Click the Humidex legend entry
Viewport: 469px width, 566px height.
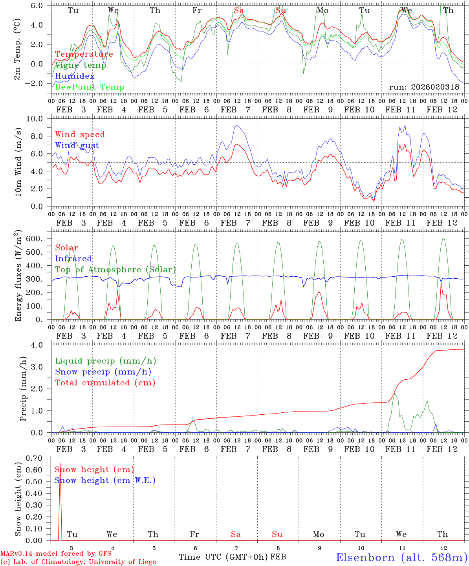click(x=75, y=76)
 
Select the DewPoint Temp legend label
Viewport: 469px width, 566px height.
click(x=90, y=87)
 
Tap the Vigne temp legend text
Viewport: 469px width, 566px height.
click(x=81, y=65)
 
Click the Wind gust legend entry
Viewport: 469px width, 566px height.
click(x=77, y=145)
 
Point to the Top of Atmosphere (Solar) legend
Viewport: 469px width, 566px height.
click(x=115, y=270)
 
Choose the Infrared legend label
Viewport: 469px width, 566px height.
click(x=73, y=259)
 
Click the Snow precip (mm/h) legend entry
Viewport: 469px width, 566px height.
click(x=103, y=372)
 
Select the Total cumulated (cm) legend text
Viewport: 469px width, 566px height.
click(x=105, y=383)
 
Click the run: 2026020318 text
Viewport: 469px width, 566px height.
click(x=424, y=87)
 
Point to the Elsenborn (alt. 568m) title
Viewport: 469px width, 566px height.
click(x=401, y=557)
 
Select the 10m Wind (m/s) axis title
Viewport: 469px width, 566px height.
click(x=17, y=163)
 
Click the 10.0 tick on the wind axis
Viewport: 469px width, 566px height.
click(x=39, y=119)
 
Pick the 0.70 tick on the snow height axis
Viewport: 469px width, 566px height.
click(x=39, y=458)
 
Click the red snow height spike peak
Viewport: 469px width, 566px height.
click(x=60, y=463)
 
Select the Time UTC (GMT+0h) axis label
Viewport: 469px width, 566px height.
click(x=224, y=557)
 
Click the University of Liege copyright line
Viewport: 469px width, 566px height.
click(x=78, y=562)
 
